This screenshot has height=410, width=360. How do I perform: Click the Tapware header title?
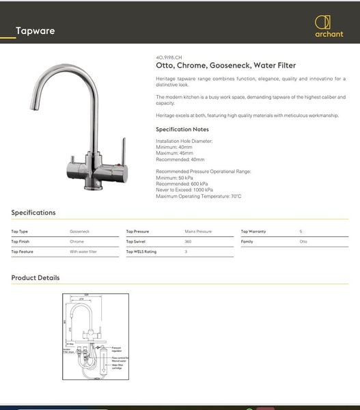click(x=35, y=31)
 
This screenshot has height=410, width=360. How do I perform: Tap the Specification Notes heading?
click(x=182, y=129)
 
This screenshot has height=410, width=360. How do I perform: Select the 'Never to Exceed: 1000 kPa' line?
click(x=184, y=190)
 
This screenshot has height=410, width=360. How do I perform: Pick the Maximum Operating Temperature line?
click(x=198, y=196)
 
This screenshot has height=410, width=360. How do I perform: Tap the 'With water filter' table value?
click(x=83, y=252)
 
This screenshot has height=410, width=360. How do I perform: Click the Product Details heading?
click(x=36, y=278)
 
